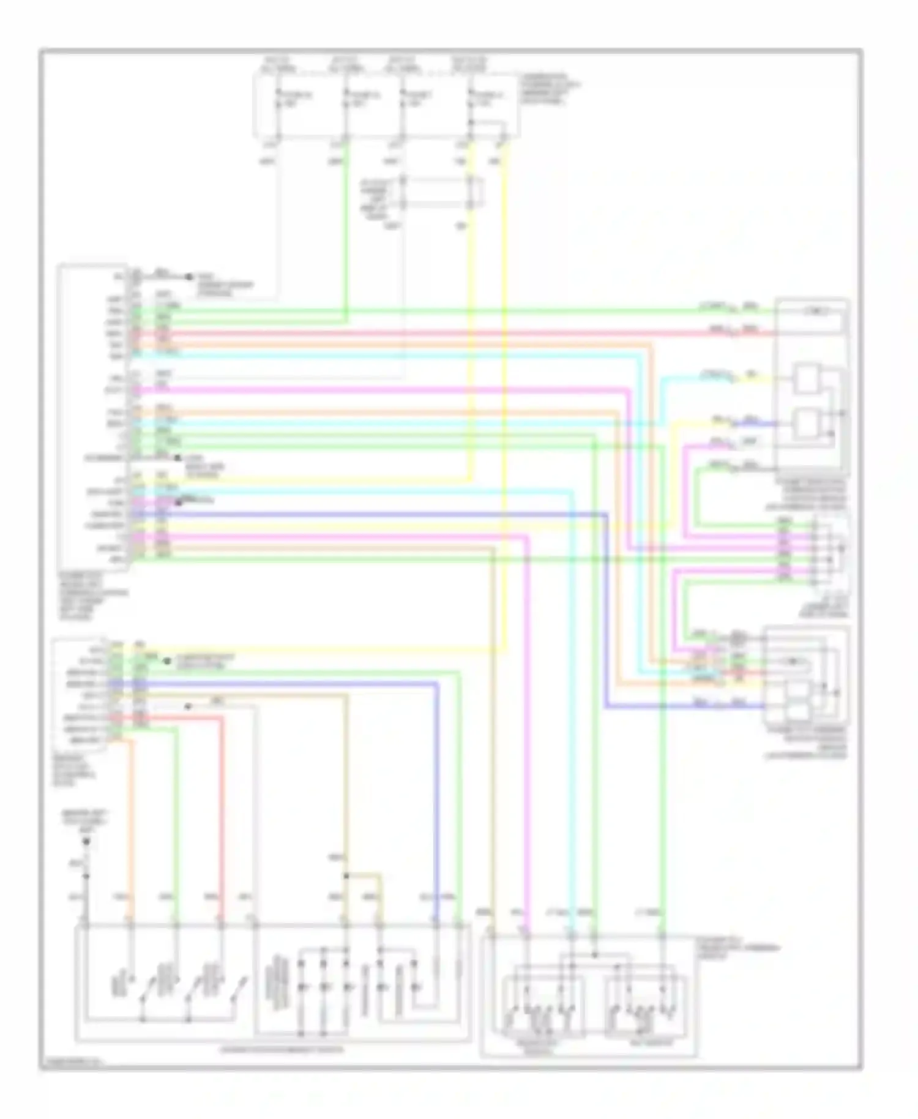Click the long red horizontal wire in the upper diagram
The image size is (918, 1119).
pos(428,334)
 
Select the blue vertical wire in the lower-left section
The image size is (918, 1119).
pos(437,796)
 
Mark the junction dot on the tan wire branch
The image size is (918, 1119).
pos(346,876)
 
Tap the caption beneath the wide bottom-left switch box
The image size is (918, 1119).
pos(282,1049)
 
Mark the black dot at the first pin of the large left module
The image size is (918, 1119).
pos(190,277)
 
